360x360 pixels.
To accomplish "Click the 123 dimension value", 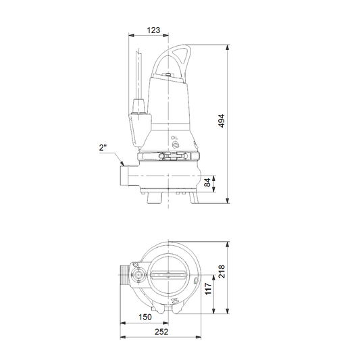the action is click(153, 30).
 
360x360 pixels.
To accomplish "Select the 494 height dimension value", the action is click(222, 121).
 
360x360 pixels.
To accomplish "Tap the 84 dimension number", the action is click(207, 183).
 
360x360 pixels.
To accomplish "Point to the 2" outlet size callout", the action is click(103, 147).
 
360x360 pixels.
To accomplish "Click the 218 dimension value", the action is click(222, 272).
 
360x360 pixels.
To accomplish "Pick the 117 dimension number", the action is click(208, 289).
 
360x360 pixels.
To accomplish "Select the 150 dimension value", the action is click(145, 317).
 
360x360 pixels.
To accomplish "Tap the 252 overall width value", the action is click(161, 332).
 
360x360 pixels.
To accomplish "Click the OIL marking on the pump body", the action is click(174, 138).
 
